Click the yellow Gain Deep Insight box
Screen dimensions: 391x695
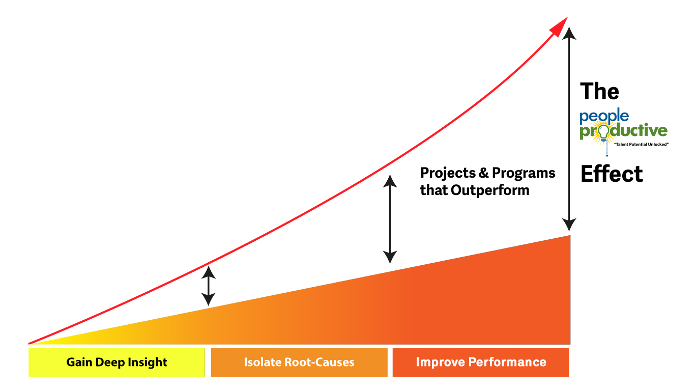(x=117, y=362)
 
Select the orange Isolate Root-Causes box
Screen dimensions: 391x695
(x=299, y=362)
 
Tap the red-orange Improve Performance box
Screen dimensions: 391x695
(x=480, y=362)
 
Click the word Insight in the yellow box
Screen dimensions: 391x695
(x=148, y=362)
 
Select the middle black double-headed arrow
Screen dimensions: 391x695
(x=390, y=219)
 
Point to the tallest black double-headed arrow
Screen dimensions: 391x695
(x=569, y=130)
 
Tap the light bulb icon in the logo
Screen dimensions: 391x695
(x=603, y=133)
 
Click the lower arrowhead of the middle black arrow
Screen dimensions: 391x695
(x=390, y=257)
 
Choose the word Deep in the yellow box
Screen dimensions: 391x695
(x=113, y=362)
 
